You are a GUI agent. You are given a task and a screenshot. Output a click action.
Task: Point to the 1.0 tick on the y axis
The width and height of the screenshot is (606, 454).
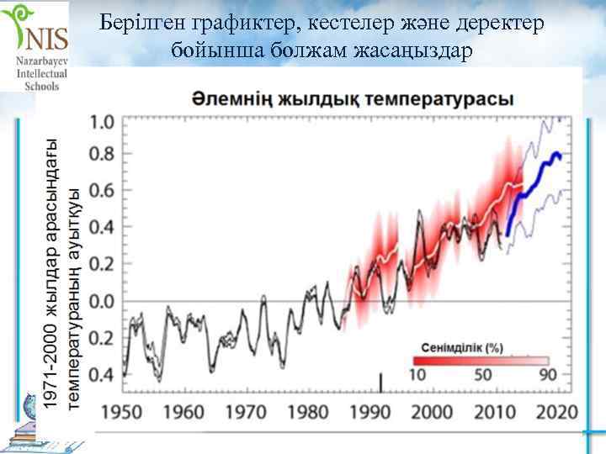coord(102,123)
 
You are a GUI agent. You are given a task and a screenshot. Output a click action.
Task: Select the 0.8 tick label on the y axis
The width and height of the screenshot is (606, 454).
coord(102,156)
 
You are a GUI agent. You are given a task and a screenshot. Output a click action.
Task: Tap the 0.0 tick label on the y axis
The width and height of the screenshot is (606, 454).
coord(102,301)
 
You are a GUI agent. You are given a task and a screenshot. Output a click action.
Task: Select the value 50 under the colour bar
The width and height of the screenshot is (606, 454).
coord(484,375)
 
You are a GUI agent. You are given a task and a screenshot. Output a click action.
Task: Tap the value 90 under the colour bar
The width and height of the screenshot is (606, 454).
coord(548,375)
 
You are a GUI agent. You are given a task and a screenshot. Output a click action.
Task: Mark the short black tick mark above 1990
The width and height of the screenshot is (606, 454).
coord(381,383)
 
